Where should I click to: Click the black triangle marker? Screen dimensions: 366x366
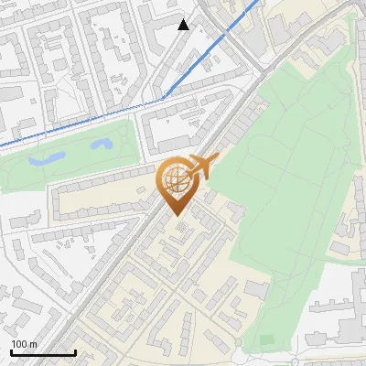click(184, 25)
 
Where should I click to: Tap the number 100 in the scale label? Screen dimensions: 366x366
click(20, 344)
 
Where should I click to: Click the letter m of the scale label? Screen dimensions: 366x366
click(34, 344)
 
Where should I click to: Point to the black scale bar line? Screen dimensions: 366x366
click(43, 352)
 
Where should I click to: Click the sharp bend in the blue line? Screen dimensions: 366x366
click(163, 97)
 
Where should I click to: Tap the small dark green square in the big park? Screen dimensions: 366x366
click(266, 339)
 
